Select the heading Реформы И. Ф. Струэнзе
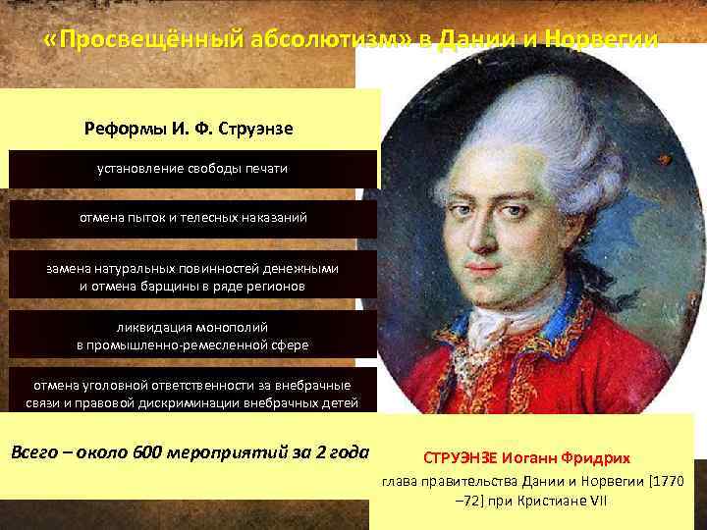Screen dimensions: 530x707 (x=190, y=129)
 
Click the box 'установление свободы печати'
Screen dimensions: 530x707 (x=192, y=169)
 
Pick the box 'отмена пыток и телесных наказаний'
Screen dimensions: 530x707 (x=192, y=217)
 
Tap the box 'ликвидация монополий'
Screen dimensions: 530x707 (x=192, y=334)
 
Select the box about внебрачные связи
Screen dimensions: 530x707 (x=192, y=394)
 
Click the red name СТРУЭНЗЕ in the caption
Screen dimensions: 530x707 (x=461, y=459)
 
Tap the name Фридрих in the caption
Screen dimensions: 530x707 (x=598, y=459)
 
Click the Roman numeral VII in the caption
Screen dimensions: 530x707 (x=597, y=501)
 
